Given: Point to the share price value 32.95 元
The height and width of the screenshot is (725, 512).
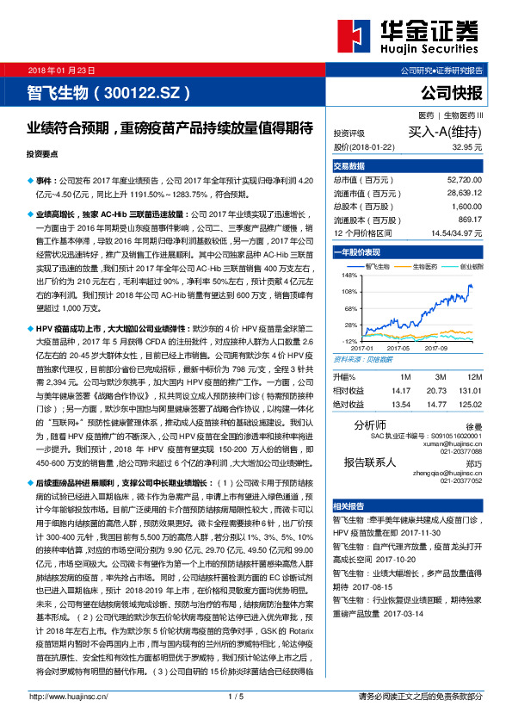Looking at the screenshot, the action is [x=462, y=147].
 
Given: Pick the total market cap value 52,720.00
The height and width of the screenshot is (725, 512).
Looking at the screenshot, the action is [x=465, y=180].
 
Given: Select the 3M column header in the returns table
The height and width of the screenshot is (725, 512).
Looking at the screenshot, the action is [x=435, y=377].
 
